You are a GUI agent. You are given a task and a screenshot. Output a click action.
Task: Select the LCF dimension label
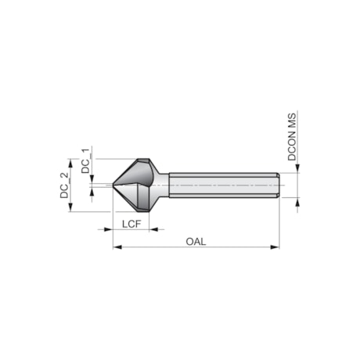132,224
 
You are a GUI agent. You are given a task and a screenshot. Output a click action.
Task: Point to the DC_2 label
65,185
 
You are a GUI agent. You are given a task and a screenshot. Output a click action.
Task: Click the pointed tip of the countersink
113,185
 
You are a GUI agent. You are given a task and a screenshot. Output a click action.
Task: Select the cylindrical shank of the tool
223,185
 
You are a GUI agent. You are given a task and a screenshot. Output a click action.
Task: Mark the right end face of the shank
279,185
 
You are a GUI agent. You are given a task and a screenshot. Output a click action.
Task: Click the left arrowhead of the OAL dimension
117,247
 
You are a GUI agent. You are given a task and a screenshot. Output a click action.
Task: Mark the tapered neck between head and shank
163,185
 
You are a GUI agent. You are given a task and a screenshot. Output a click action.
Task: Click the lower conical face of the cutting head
133,199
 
